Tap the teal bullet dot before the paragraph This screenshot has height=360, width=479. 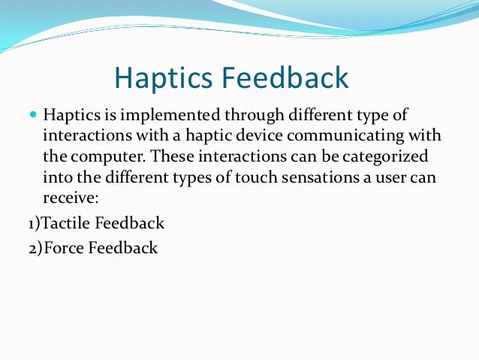[x=32, y=116]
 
